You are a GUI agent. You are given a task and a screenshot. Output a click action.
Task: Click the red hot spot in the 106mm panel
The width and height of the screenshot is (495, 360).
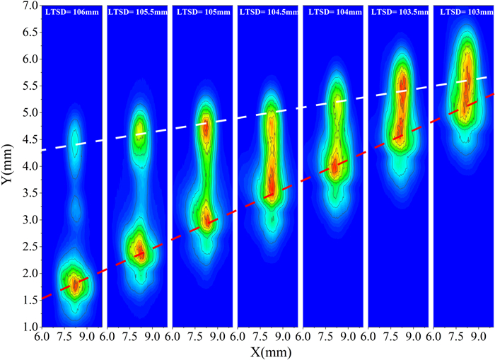coord(74,284)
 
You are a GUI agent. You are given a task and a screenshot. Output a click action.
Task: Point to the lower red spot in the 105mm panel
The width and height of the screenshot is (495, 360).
coord(206,220)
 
